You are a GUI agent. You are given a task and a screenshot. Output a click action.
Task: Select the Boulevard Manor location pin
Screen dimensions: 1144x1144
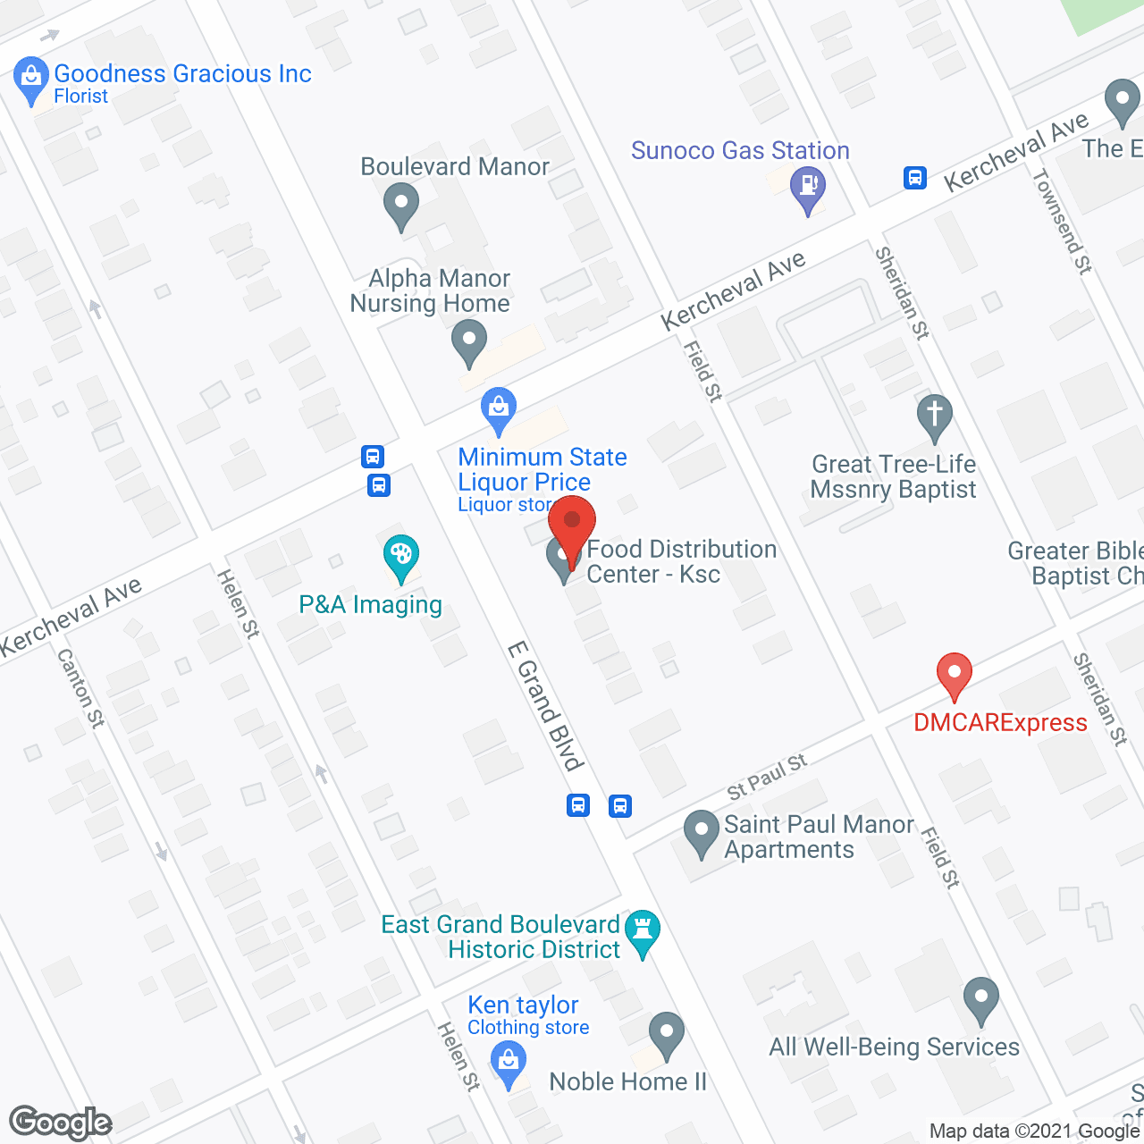[401, 205]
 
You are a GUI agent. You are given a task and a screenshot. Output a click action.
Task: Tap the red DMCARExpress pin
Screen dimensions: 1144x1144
[954, 676]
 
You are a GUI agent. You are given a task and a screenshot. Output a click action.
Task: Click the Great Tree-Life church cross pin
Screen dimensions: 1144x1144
[935, 416]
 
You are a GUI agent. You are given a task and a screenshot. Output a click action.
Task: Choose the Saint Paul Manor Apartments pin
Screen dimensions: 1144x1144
[702, 832]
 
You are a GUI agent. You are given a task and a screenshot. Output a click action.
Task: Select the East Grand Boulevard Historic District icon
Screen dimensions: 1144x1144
[643, 932]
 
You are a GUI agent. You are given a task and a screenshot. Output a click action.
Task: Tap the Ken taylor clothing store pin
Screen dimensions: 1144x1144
[509, 1065]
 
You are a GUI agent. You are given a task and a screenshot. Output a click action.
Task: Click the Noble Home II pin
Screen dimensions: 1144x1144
[666, 1035]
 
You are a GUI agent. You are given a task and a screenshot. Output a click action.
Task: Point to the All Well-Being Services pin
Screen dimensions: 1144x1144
[981, 1000]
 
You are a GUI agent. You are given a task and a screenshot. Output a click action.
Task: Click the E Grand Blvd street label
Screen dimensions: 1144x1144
[545, 706]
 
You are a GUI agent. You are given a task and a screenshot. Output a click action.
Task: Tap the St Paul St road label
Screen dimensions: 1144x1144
[767, 776]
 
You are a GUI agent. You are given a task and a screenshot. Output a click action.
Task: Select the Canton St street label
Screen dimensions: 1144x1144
[80, 688]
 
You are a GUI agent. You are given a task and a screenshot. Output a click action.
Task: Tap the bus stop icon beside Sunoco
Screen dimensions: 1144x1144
[914, 177]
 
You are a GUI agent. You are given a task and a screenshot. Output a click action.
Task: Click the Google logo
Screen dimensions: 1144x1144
[61, 1123]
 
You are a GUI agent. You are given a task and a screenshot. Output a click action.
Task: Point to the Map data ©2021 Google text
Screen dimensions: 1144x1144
[1035, 1131]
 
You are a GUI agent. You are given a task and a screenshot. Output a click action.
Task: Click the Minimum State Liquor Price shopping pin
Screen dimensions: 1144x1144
[499, 408]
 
